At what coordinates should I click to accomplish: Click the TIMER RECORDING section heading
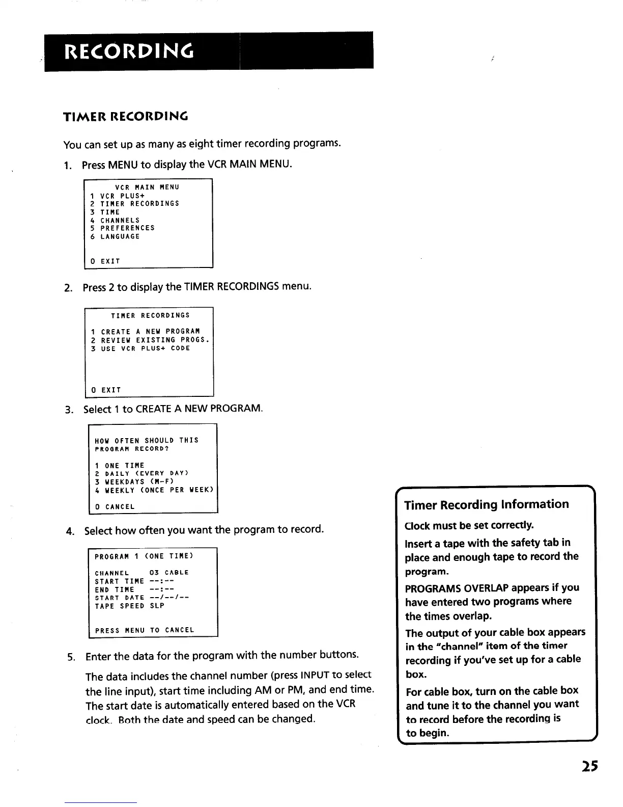(x=125, y=117)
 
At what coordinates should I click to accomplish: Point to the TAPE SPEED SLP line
(x=130, y=606)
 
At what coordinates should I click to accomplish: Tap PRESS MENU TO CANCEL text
(x=145, y=631)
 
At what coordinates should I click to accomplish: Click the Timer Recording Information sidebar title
(x=487, y=505)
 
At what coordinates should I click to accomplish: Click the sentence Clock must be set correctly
(x=469, y=525)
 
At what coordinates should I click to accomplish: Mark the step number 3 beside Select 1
(x=68, y=410)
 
